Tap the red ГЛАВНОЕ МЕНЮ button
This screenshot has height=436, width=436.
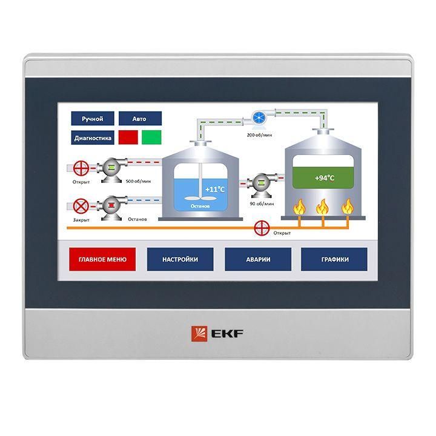coord(102,259)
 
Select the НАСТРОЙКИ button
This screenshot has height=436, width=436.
coord(180,259)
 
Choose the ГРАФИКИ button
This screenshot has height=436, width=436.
coord(335,259)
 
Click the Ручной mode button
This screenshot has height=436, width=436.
coord(92,119)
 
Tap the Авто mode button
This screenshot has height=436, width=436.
coord(139,119)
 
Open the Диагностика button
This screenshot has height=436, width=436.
coord(93,137)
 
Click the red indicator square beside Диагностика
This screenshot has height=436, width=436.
coord(128,137)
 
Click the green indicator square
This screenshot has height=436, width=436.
coord(151,137)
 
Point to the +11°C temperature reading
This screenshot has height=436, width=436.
coord(215,189)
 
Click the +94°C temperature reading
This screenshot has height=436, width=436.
coord(325,178)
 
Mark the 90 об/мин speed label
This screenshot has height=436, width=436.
coord(262,203)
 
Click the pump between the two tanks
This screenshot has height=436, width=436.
coord(262,183)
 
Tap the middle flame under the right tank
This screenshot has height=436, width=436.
coord(323,207)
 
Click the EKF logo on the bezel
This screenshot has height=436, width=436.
coord(217,332)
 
